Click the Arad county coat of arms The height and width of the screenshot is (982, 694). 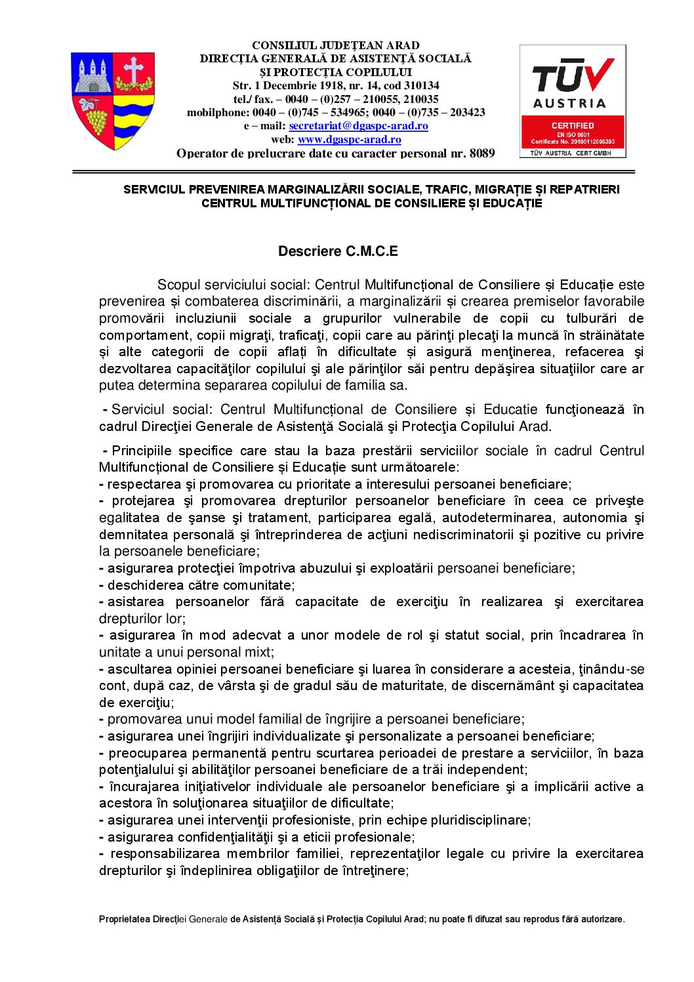pos(113,100)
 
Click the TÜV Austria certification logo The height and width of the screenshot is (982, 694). pos(573,101)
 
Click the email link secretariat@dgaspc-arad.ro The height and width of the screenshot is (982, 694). pos(358,126)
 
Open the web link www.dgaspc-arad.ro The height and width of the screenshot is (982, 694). pos(349,140)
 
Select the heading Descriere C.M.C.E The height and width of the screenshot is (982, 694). pos(338,251)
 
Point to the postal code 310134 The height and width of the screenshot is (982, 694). pos(420,85)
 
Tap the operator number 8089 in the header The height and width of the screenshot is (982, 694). pos(482,153)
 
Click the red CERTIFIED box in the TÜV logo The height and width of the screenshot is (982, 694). pos(573,132)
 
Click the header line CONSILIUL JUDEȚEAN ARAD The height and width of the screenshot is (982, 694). pos(336,45)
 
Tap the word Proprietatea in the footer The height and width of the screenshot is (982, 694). pos(125,919)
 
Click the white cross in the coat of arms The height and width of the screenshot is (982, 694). pos(134,70)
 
